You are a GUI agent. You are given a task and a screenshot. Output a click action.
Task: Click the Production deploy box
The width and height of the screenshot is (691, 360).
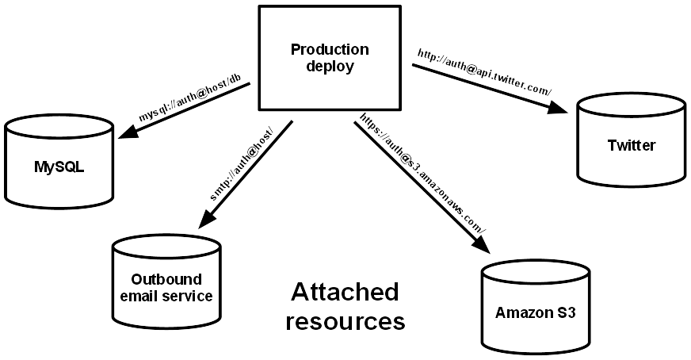click(330, 57)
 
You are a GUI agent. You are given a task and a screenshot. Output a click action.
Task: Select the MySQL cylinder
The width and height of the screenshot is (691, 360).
click(59, 161)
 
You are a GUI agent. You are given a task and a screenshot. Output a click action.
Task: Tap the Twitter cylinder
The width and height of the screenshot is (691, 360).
click(632, 140)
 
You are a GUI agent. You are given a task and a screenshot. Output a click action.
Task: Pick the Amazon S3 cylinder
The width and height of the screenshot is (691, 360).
click(536, 308)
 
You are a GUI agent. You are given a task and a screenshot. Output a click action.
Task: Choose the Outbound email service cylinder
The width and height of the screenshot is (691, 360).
click(166, 282)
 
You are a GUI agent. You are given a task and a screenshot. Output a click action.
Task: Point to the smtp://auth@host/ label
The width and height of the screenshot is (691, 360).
click(242, 163)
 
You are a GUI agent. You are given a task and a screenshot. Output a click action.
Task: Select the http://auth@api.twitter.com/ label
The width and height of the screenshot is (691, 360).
click(484, 72)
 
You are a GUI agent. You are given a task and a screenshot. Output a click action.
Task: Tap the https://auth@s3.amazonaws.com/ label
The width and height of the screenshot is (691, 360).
click(423, 173)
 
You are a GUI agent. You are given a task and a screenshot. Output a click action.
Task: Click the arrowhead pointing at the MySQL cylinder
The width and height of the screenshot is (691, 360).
click(127, 131)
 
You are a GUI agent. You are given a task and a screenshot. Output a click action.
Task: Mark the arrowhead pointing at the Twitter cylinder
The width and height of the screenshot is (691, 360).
click(559, 107)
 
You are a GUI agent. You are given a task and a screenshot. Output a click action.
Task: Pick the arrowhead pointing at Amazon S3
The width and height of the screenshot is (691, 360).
click(481, 244)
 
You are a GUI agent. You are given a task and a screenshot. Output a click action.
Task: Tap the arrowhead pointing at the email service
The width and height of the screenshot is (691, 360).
click(206, 220)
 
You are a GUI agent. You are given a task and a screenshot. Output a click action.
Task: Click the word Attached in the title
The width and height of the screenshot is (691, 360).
click(345, 292)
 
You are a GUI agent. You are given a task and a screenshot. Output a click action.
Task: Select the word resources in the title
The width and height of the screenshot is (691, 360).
click(345, 322)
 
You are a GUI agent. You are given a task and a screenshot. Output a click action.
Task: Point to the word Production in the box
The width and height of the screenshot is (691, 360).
click(330, 49)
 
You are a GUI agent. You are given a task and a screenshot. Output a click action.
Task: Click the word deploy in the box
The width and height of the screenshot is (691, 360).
click(330, 66)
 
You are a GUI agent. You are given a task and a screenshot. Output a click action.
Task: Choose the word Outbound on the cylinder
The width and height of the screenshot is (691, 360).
click(166, 279)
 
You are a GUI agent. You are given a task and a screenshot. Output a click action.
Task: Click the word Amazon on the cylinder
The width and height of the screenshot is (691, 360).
click(523, 312)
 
